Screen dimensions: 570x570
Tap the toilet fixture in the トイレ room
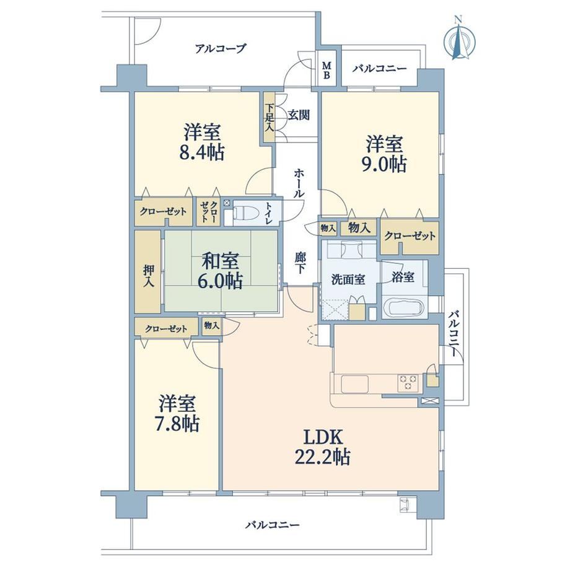pos(245,213)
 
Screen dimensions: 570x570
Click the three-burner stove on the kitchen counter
pos(408,383)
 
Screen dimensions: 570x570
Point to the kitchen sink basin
pos(355,384)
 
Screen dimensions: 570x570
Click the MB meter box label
pos(327,71)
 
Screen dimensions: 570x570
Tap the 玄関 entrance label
pos(299,115)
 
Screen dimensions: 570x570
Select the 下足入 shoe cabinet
pos(270,118)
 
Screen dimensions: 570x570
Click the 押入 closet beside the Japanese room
pos(148,271)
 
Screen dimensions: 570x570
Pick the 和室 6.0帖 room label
pos(221,271)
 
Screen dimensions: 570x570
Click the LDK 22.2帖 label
pos(322,447)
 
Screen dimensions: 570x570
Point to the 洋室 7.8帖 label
pos(178,413)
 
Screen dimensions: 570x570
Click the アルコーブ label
pos(221,48)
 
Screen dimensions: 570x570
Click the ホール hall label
pos(299,183)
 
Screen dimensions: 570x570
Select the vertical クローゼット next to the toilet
pos(209,212)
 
